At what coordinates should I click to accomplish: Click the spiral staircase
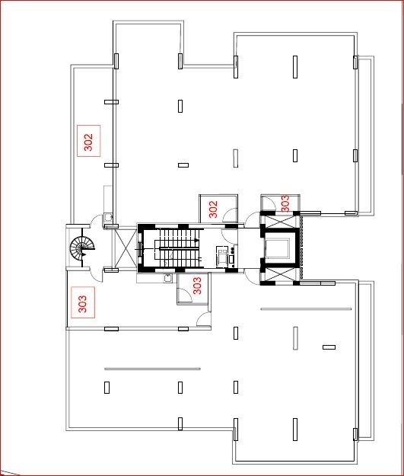(x=82, y=248)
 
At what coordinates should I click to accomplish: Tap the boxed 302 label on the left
(x=88, y=141)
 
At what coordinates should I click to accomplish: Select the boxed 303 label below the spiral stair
(x=83, y=302)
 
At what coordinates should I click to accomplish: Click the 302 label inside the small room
(x=214, y=209)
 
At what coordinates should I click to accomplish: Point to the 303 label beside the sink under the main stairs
(x=197, y=286)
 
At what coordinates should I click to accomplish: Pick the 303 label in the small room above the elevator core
(x=285, y=203)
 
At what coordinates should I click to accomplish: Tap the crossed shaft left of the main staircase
(x=126, y=248)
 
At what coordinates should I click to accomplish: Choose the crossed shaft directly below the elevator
(x=279, y=274)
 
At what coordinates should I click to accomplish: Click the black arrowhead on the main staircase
(x=197, y=241)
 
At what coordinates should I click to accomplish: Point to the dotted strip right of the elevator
(x=301, y=247)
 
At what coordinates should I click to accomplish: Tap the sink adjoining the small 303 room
(x=167, y=278)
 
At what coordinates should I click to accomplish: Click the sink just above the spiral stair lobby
(x=108, y=217)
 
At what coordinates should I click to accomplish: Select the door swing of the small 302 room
(x=230, y=215)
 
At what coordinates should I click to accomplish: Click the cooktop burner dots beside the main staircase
(x=233, y=251)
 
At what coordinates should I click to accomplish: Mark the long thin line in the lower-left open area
(x=152, y=369)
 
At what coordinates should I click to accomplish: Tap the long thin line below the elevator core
(x=306, y=309)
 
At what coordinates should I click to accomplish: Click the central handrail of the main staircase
(x=179, y=248)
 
